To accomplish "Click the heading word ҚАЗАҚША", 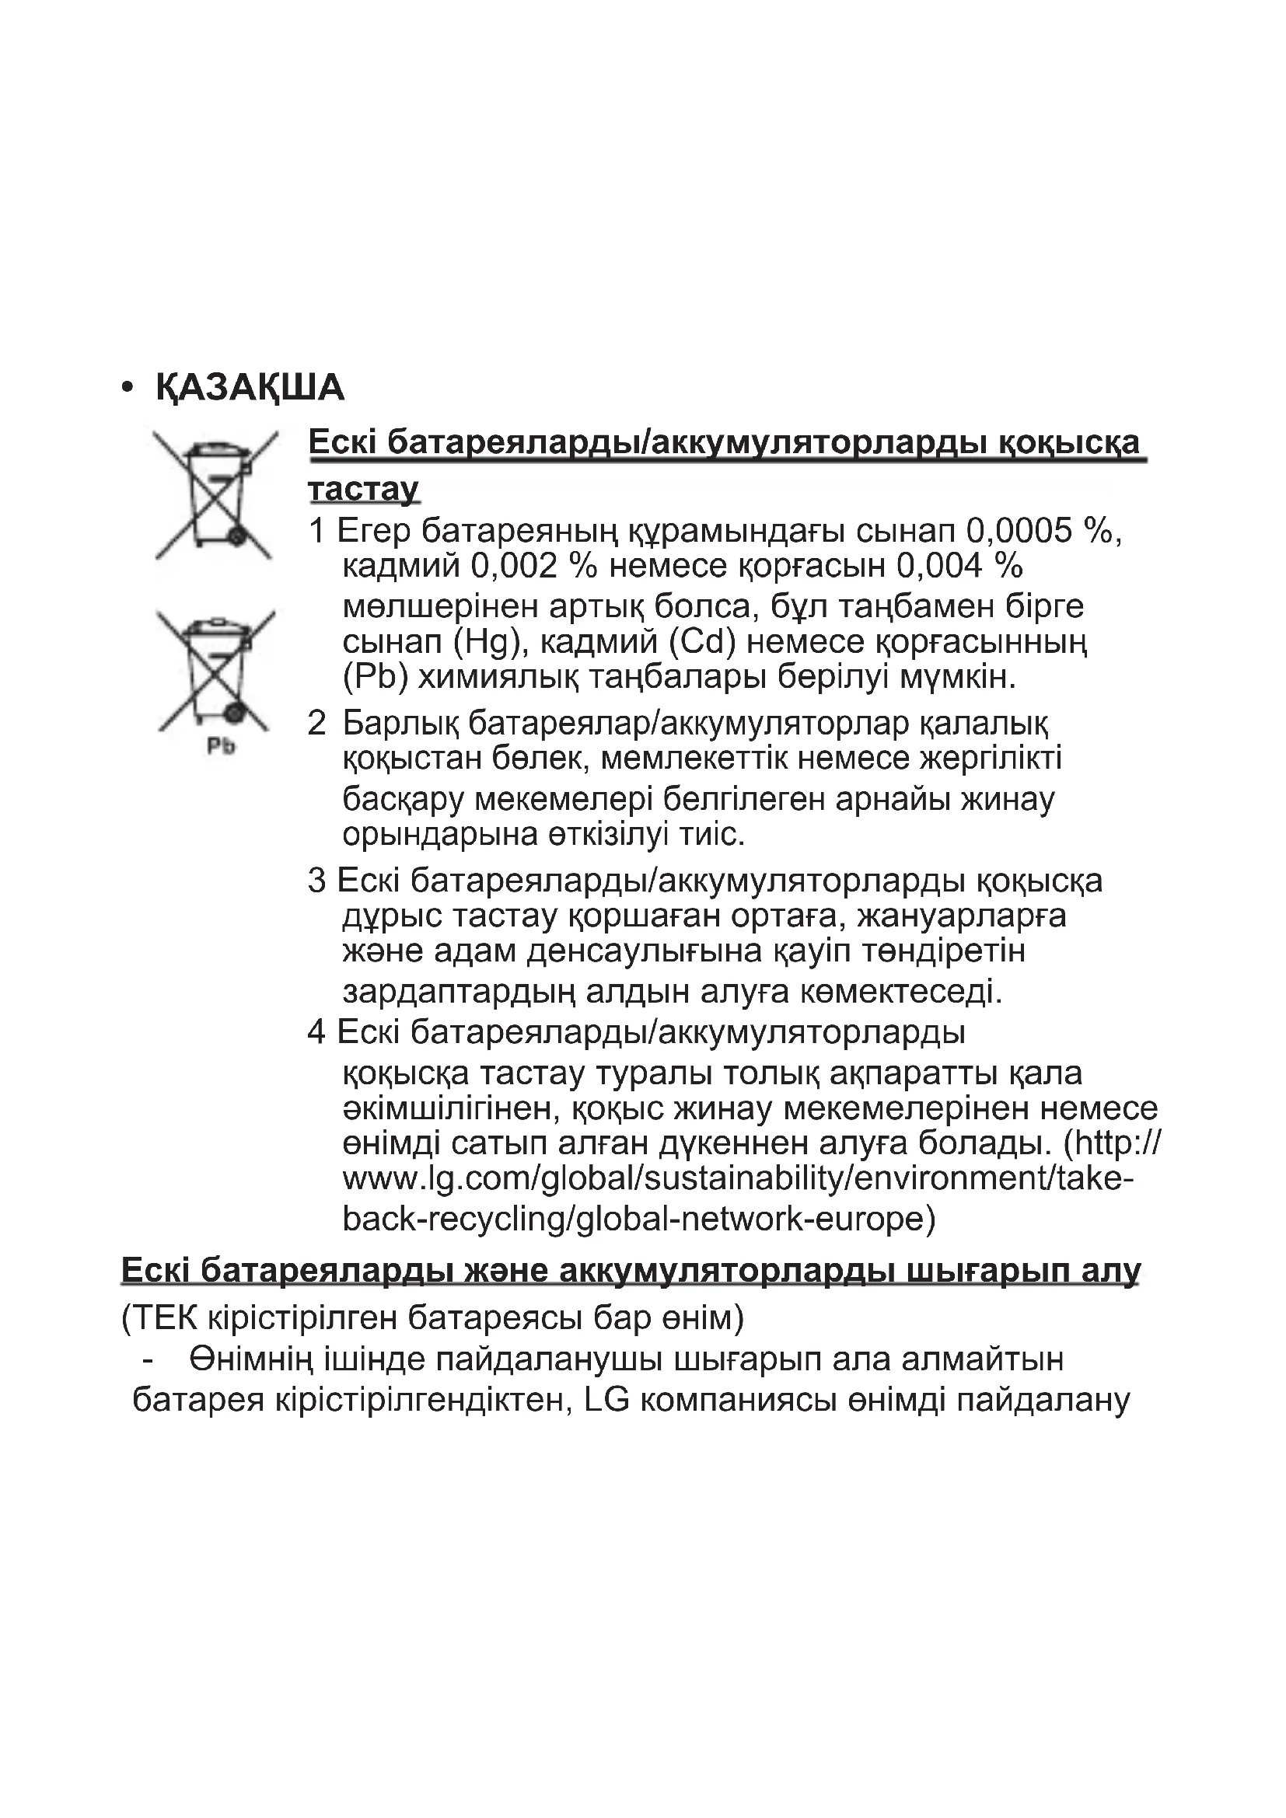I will (250, 388).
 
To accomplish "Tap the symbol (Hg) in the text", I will (491, 641).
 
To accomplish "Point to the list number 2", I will (316, 723).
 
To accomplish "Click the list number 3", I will (316, 881).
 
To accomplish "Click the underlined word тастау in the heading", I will (363, 489).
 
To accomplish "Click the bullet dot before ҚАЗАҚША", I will (127, 388).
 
